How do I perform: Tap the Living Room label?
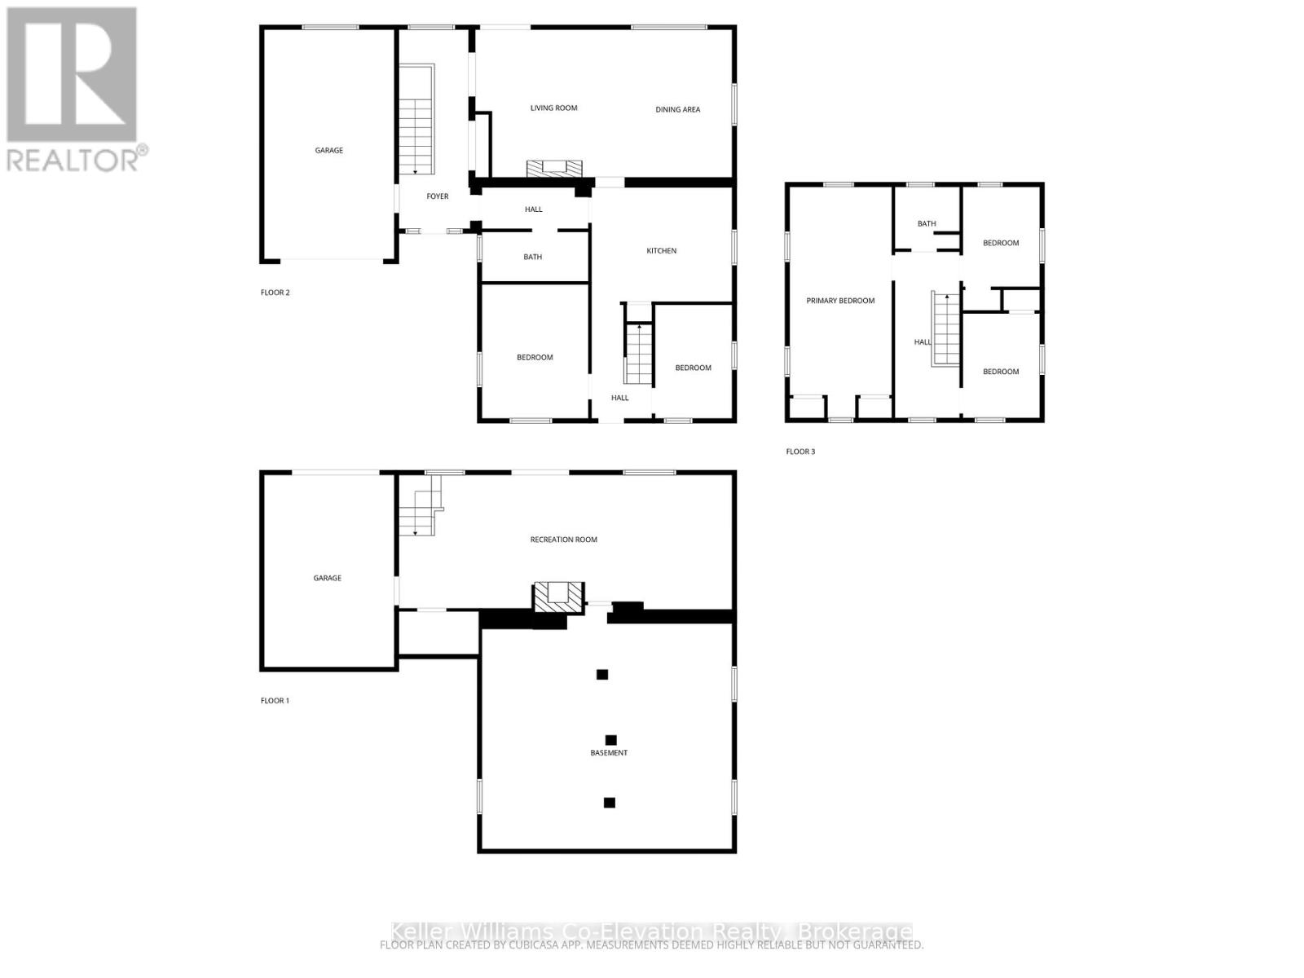pos(553,108)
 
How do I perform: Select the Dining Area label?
pos(677,109)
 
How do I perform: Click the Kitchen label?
pos(661,251)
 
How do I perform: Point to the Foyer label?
pos(438,196)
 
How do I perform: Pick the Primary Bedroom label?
pos(840,301)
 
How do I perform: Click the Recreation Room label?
pos(563,540)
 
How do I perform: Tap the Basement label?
pos(609,753)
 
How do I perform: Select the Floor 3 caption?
pos(800,452)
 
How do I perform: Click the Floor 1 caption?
pos(275,701)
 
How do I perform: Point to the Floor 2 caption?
pos(275,293)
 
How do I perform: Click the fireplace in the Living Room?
pos(554,169)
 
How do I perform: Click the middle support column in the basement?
pos(610,740)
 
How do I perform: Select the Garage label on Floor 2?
pos(329,150)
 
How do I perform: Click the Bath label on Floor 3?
pos(927,223)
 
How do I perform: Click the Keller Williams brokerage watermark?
pos(651,932)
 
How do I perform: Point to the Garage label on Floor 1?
pos(327,578)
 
